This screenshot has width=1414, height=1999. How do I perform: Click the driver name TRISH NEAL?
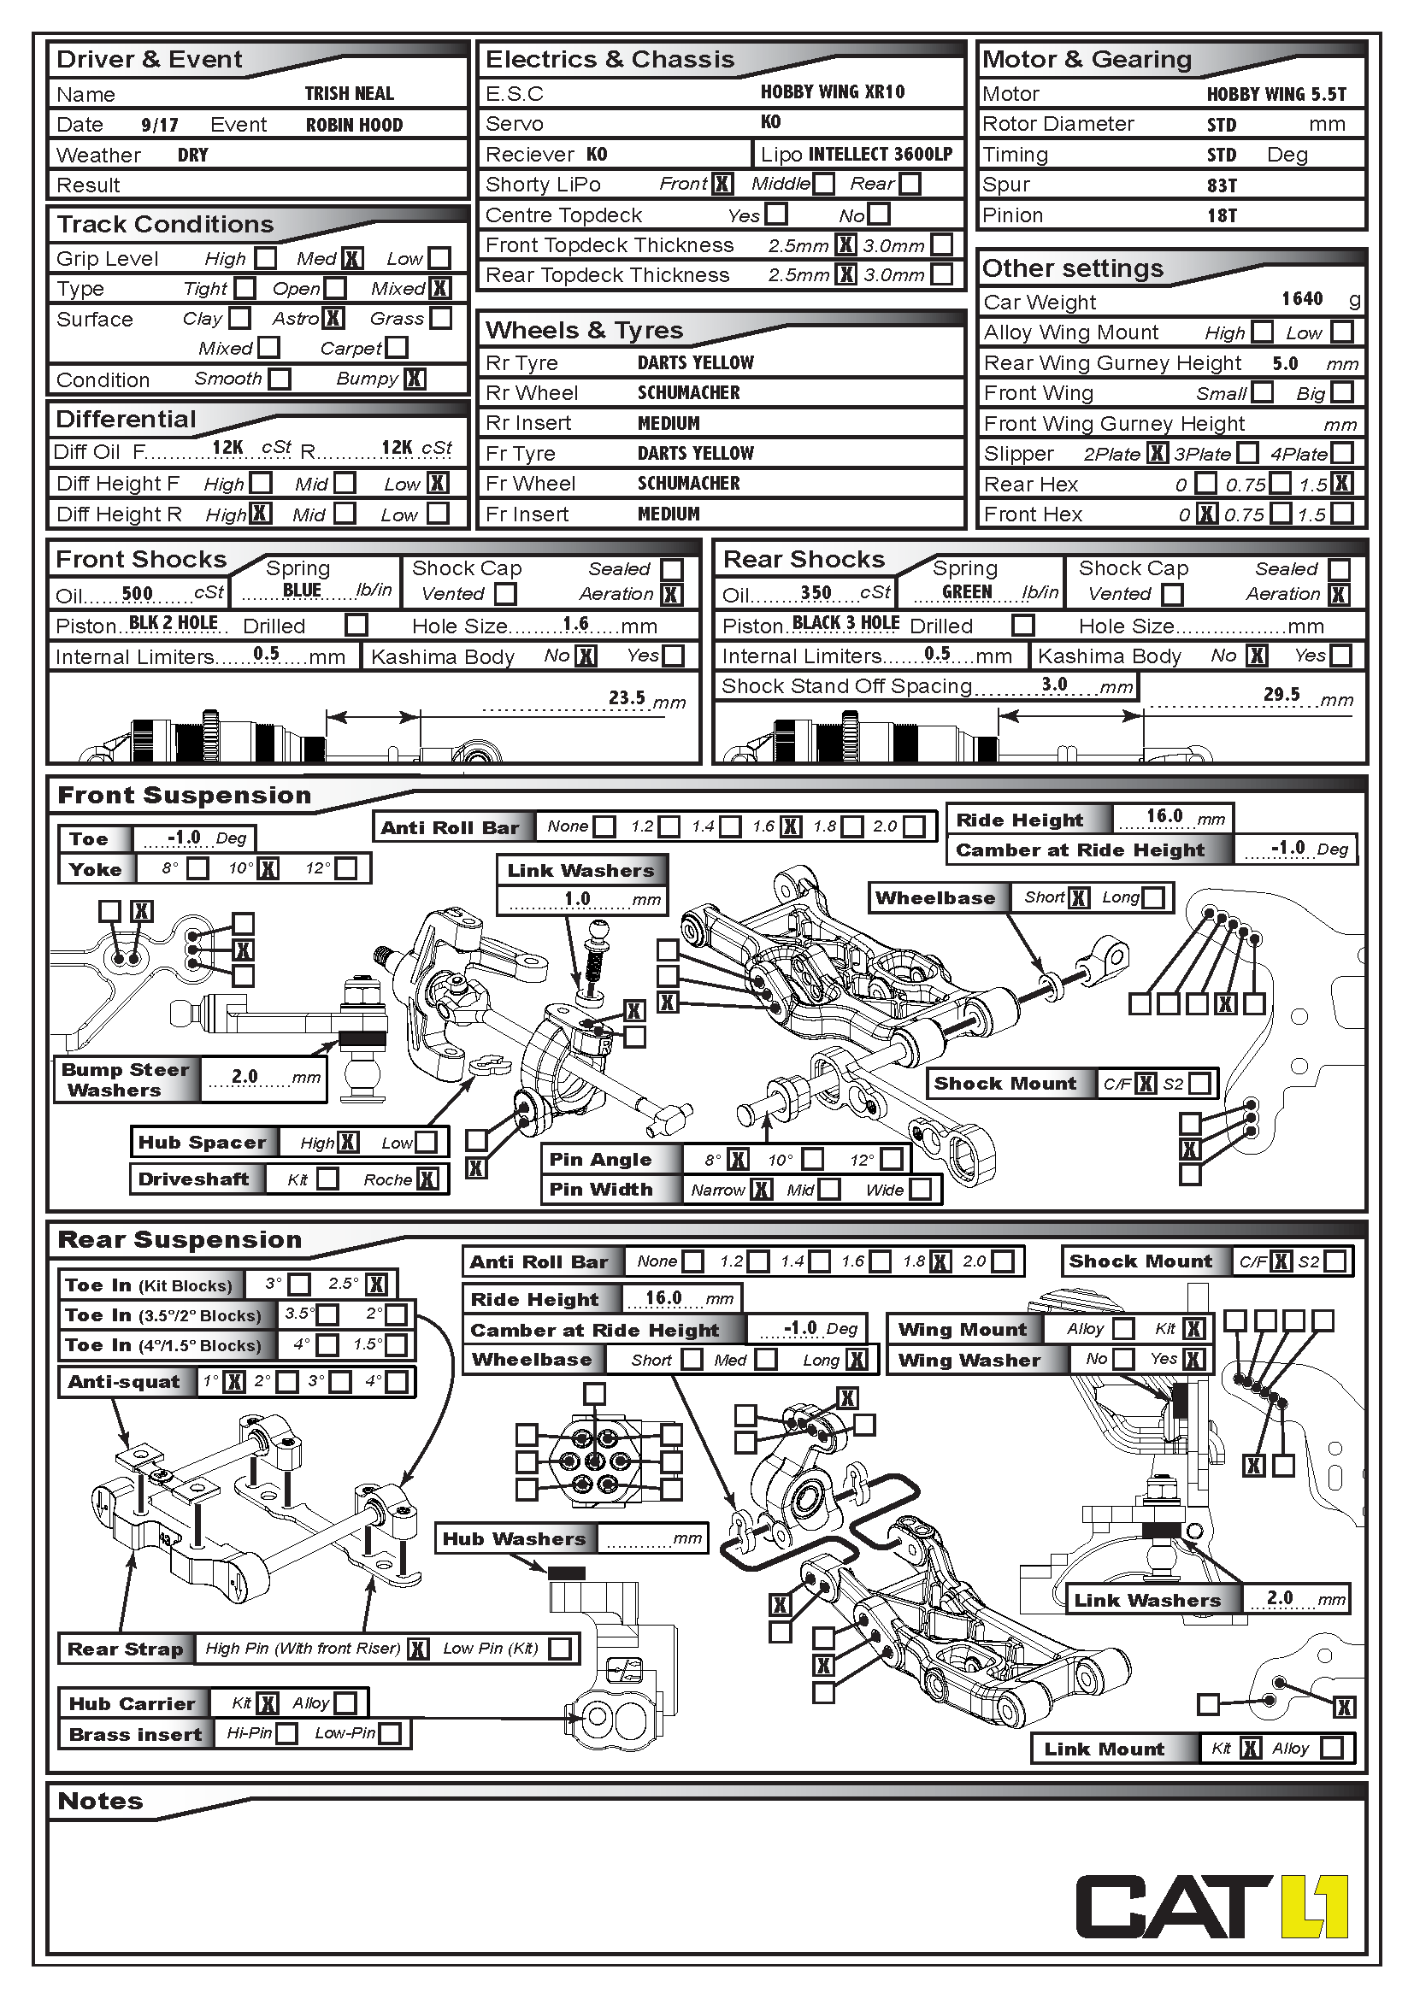tap(349, 94)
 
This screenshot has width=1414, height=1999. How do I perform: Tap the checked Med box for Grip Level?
tap(351, 259)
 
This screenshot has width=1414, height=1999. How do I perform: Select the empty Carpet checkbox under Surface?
tap(396, 347)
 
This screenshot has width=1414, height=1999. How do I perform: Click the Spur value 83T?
tap(1222, 185)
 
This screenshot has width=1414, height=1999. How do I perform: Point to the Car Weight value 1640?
tap(1302, 299)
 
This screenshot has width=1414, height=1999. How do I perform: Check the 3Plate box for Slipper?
tap(1247, 453)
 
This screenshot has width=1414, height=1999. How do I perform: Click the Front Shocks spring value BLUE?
tap(302, 591)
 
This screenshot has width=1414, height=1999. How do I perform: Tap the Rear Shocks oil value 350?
tap(816, 593)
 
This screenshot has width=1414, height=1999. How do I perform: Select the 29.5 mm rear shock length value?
tap(1281, 694)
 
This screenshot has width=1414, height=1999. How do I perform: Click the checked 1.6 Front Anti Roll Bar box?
tap(791, 826)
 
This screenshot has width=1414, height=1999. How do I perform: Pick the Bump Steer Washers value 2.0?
tap(245, 1076)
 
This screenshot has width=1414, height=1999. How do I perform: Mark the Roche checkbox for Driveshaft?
tap(427, 1179)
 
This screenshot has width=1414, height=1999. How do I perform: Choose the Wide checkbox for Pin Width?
tap(921, 1190)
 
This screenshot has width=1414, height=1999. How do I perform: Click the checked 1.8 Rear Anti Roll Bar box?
tap(940, 1261)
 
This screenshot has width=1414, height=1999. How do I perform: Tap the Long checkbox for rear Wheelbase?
tap(857, 1360)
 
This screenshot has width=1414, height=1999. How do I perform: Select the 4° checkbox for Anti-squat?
tap(396, 1382)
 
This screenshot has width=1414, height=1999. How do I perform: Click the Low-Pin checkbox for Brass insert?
tap(390, 1733)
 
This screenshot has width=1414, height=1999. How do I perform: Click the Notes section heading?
tap(100, 1802)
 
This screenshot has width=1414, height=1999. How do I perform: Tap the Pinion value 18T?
tap(1222, 216)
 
